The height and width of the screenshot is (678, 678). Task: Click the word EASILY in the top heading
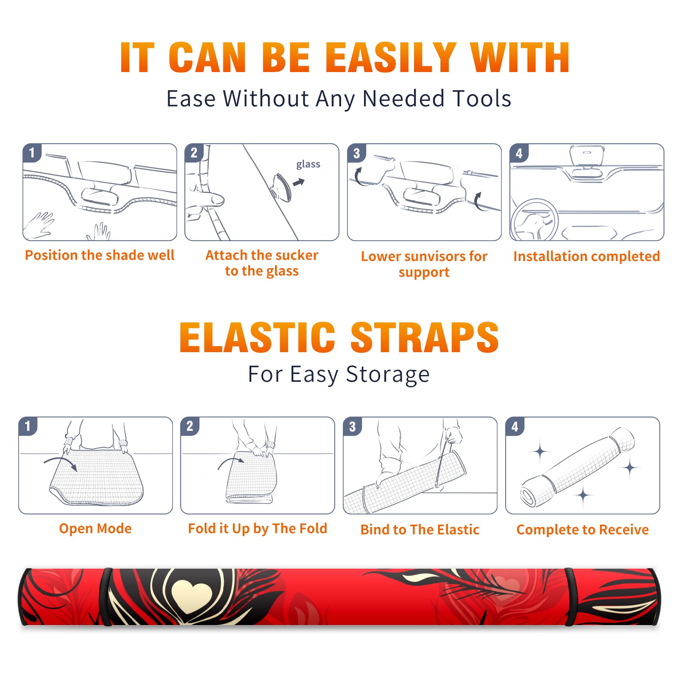[391, 57]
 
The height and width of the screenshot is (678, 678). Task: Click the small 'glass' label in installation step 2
[308, 164]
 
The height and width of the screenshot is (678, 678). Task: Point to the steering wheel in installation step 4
[534, 220]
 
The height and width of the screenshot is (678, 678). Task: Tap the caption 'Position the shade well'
[100, 255]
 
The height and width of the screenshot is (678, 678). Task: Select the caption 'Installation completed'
[586, 256]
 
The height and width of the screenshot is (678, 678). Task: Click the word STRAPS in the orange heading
[425, 337]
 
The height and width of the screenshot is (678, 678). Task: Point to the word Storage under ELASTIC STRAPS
[388, 375]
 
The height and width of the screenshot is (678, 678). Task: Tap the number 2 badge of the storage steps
[190, 426]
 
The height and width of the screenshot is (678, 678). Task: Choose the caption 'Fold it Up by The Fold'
[258, 529]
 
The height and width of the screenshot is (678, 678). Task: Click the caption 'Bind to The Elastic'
[420, 530]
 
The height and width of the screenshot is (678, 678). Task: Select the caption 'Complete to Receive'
[583, 530]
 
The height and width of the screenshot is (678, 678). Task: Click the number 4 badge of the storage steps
[515, 426]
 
